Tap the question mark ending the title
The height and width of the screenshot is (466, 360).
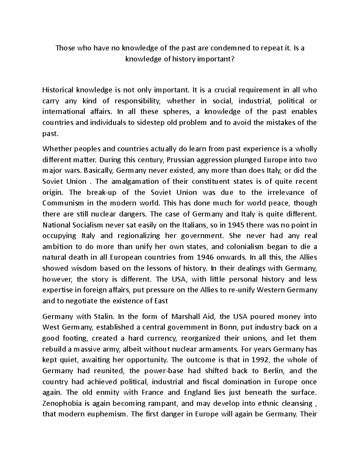(x=232, y=59)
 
